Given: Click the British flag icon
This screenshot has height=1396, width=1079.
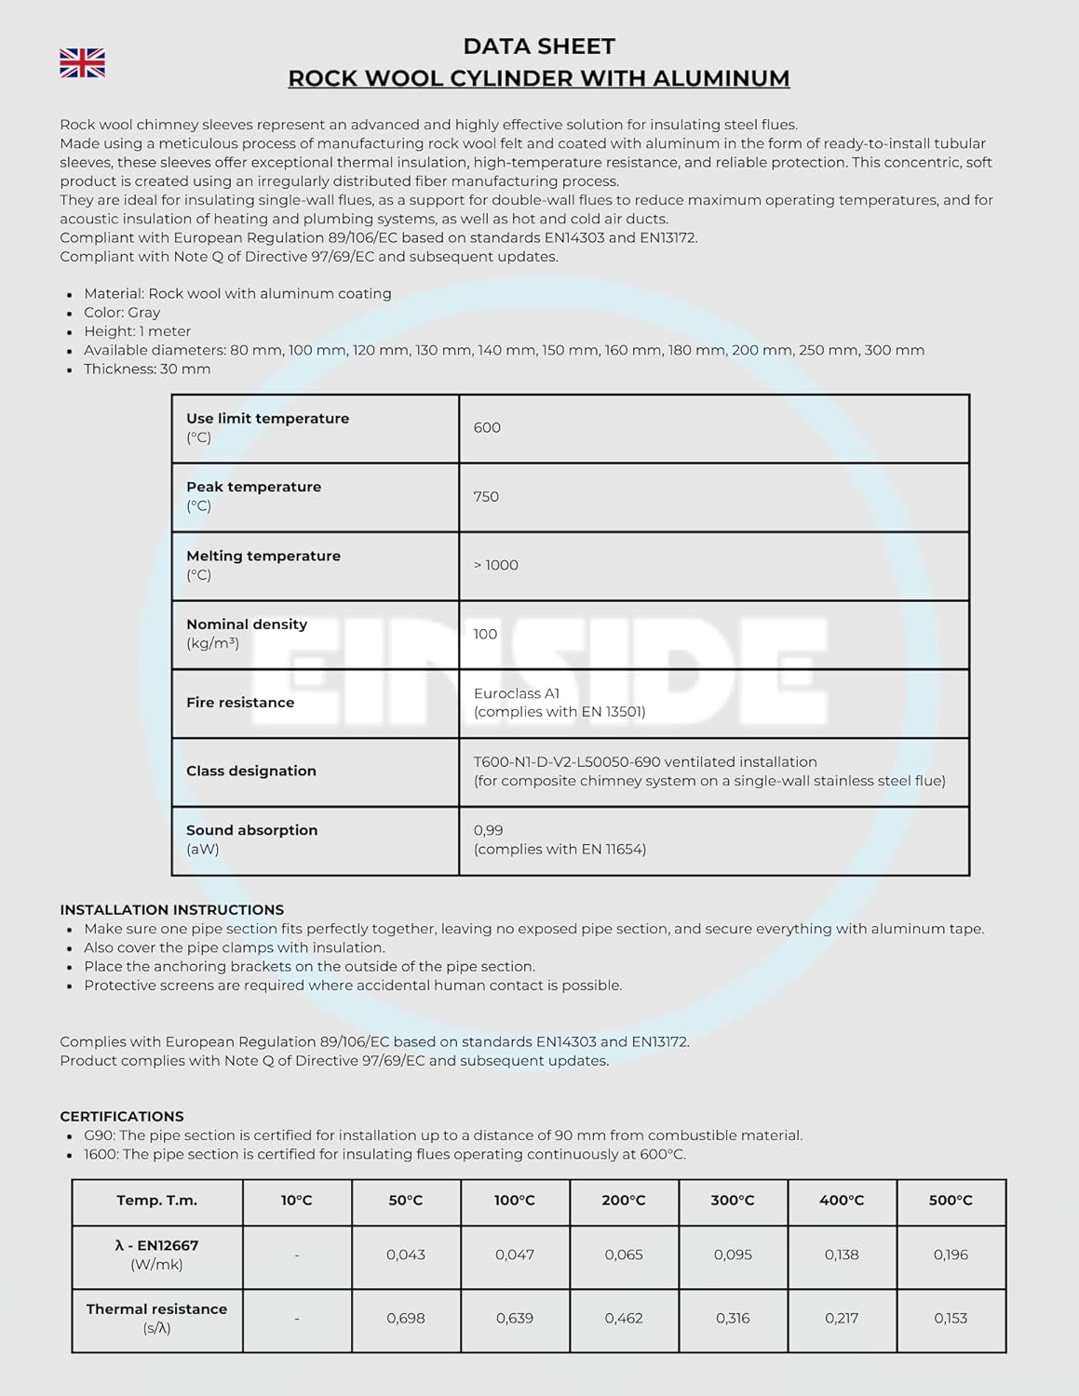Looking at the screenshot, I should (x=82, y=63).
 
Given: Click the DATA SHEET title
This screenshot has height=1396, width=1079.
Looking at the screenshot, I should (x=539, y=47).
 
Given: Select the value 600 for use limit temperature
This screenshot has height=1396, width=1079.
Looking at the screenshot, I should (x=487, y=428).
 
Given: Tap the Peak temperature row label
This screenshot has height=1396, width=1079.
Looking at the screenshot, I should (x=253, y=487).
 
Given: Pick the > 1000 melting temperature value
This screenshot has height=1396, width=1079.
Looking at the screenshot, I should (x=496, y=565).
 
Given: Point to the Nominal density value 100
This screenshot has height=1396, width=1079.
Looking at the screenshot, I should (x=485, y=634).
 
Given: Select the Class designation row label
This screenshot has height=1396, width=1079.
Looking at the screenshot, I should (x=251, y=771).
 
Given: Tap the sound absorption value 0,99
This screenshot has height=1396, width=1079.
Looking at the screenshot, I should (x=488, y=830).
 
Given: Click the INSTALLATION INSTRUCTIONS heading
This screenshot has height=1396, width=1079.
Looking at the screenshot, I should (x=172, y=909).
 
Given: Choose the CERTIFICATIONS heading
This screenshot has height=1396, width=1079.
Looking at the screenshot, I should (x=122, y=1116).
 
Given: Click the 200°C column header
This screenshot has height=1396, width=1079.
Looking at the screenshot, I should (x=624, y=1201).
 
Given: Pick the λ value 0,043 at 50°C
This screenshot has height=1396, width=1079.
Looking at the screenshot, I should (x=406, y=1255).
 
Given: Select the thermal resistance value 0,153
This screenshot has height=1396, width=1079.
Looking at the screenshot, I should (x=951, y=1318).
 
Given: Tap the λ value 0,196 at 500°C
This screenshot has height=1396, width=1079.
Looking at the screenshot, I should (x=951, y=1255).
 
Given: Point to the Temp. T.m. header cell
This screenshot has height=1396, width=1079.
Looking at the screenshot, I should (x=156, y=1201).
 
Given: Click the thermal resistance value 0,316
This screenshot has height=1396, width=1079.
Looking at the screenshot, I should (x=733, y=1318).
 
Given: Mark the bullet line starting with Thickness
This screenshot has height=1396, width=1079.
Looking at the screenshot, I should (x=147, y=369).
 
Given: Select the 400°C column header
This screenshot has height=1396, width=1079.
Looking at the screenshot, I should (x=842, y=1201).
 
